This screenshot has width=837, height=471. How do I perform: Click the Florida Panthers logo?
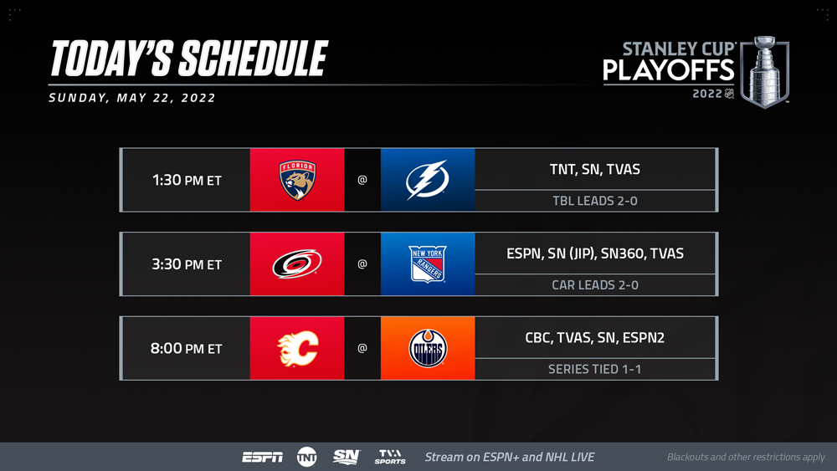coord(297,180)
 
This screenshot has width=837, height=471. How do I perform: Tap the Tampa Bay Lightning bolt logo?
coord(427,180)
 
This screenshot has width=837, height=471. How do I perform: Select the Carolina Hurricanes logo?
coord(297,264)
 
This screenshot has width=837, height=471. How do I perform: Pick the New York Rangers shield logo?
coord(428,264)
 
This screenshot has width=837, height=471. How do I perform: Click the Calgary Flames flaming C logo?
coord(297,348)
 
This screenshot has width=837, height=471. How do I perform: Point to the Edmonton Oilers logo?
coord(428,348)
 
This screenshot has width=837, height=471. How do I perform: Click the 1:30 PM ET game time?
coord(187,181)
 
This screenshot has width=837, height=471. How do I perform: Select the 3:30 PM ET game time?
coord(187,264)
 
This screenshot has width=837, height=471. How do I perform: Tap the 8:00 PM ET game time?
coord(187,348)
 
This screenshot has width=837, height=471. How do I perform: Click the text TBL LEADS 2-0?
coord(594,201)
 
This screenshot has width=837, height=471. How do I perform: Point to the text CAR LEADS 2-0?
coord(594,284)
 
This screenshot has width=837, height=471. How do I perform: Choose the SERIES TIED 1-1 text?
coord(594,369)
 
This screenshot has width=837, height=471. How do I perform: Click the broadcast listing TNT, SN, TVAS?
coord(594,169)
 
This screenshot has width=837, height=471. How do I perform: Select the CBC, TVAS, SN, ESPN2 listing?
coord(594,338)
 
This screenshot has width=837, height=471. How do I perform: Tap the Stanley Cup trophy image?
coord(764,72)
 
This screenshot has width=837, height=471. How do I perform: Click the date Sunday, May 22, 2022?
coord(132,98)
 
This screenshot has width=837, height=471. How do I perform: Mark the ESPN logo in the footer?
coord(262,457)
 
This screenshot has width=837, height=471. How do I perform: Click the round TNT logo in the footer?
coord(307,457)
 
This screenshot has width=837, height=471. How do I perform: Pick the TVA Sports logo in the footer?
coord(390,457)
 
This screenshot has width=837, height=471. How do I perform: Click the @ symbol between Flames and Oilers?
coord(362,348)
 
